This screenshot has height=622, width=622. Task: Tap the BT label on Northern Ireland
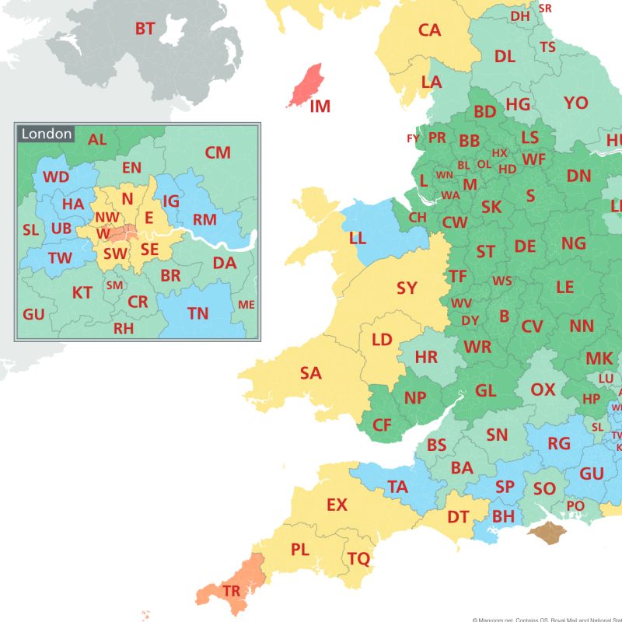tap(145, 29)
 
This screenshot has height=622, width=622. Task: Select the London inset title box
tap(47, 134)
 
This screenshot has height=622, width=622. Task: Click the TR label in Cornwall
tap(231, 591)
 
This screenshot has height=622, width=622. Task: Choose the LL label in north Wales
tap(358, 238)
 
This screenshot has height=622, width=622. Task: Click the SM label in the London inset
tap(114, 285)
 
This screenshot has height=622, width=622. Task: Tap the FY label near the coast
tap(413, 138)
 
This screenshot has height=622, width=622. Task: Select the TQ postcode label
tap(358, 558)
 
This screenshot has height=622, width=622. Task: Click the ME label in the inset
tap(246, 305)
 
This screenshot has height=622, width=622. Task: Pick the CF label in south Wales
tap(382, 425)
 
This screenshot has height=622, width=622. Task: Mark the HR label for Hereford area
tap(426, 357)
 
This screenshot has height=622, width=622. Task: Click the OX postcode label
tap(543, 389)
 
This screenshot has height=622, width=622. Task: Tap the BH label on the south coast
tap(504, 515)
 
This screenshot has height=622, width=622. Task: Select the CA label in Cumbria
tap(429, 30)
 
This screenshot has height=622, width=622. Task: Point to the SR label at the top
tap(545, 8)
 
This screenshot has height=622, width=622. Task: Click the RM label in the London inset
tap(204, 220)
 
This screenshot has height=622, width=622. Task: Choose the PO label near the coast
tap(575, 505)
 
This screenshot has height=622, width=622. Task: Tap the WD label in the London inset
tap(56, 176)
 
